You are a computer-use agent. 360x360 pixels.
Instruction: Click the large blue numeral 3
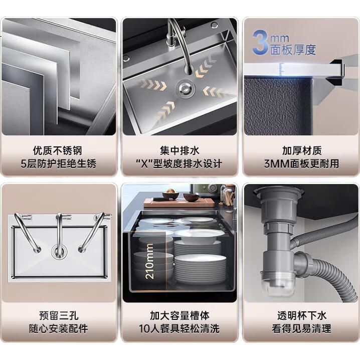(260, 43)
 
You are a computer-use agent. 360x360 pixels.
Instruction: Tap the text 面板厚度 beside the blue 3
(293, 50)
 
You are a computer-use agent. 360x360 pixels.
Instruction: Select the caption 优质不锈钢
(57, 150)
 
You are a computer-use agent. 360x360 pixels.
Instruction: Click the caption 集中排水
(180, 150)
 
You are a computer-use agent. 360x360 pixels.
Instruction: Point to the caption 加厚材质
(302, 150)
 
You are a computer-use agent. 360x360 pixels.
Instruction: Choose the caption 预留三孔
(59, 315)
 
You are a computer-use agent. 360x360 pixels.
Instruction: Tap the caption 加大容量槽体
(180, 315)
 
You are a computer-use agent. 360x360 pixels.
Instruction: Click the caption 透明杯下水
(302, 315)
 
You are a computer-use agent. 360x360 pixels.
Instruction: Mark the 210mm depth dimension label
(150, 261)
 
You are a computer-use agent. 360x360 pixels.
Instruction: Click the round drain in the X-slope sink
(186, 88)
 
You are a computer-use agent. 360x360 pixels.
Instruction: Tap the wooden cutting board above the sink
(179, 203)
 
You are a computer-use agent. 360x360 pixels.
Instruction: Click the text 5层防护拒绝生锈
(58, 163)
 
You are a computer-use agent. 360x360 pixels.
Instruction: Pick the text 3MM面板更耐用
(302, 163)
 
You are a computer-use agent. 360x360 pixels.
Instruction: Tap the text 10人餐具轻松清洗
(179, 328)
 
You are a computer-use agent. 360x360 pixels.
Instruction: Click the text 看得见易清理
(302, 328)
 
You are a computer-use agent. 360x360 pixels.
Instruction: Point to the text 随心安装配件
(59, 328)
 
